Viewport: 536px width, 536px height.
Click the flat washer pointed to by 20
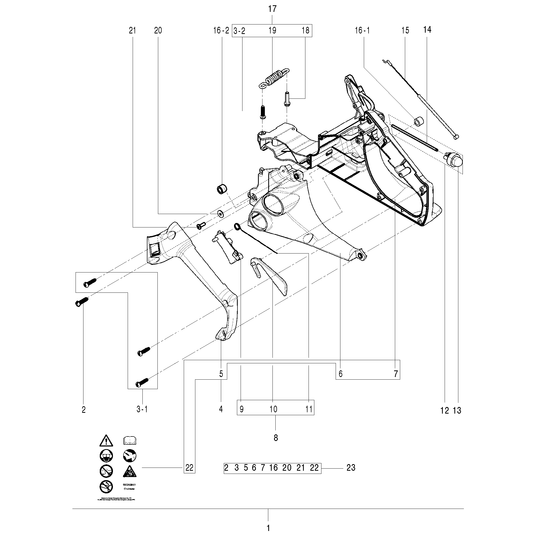click(221, 213)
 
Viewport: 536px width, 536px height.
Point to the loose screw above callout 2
click(82, 302)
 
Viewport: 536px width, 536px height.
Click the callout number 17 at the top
click(272, 9)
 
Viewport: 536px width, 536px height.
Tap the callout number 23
click(351, 468)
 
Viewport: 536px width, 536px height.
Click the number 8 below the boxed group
click(275, 438)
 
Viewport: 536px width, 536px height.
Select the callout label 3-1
click(142, 409)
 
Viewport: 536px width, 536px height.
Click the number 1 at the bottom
click(268, 528)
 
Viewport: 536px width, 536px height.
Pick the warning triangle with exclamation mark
click(106, 440)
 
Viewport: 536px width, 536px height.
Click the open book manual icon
click(130, 440)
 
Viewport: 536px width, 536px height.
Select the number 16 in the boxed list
click(273, 468)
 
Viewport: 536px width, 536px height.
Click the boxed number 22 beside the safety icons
click(190, 468)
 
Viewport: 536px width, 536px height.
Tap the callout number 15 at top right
click(405, 30)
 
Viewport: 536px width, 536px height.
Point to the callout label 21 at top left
click(132, 30)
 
